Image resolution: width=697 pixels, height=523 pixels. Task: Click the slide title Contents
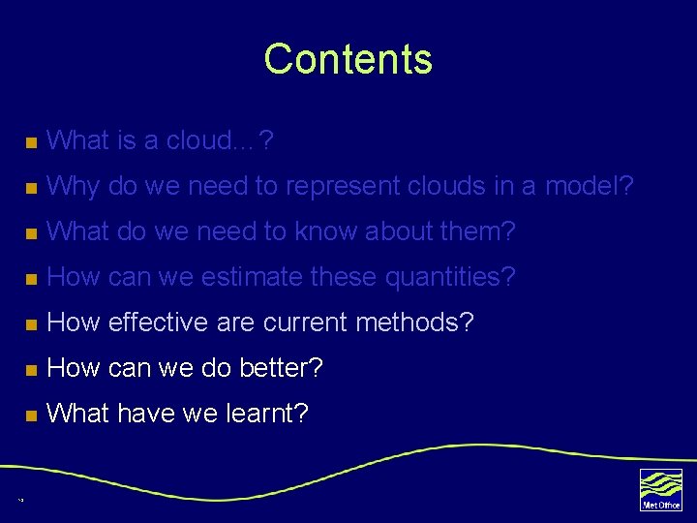pos(348,59)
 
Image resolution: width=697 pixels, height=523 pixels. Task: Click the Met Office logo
pos(660,489)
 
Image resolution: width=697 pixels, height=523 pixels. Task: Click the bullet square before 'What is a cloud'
pos(31,143)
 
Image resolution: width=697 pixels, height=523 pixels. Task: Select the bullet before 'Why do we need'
pos(31,188)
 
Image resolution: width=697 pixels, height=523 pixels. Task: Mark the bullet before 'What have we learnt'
pos(31,415)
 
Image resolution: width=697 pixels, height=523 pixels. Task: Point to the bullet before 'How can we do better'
pos(31,370)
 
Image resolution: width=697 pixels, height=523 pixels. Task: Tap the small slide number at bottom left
pos(19,500)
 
